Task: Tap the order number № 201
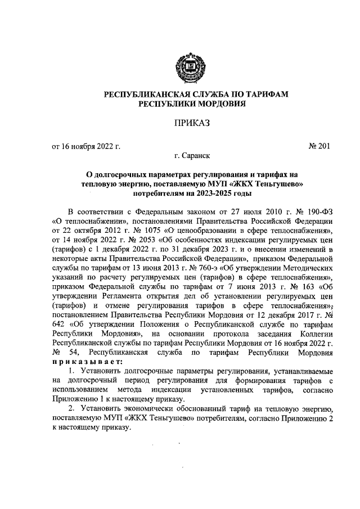(318, 147)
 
